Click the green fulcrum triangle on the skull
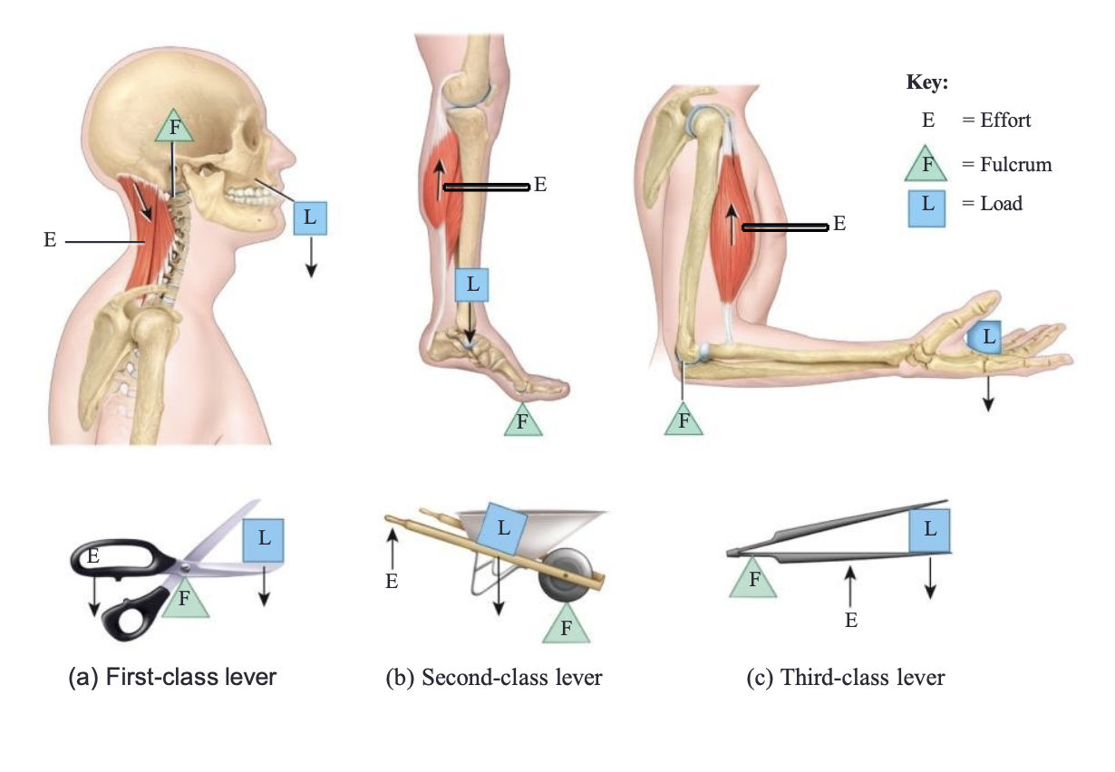[174, 126]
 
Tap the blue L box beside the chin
[310, 217]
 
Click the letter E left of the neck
[50, 240]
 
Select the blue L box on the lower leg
[471, 285]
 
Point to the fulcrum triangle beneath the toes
[523, 420]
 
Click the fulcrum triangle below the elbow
[684, 420]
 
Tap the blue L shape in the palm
[984, 337]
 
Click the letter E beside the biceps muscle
[839, 223]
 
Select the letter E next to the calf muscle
[540, 185]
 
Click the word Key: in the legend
[926, 82]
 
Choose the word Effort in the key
[1005, 120]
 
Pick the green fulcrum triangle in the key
[926, 163]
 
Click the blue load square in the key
[926, 208]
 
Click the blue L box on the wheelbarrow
[502, 528]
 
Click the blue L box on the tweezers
[929, 530]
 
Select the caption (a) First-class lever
[172, 677]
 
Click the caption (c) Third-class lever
[845, 678]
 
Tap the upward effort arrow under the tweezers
[850, 587]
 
